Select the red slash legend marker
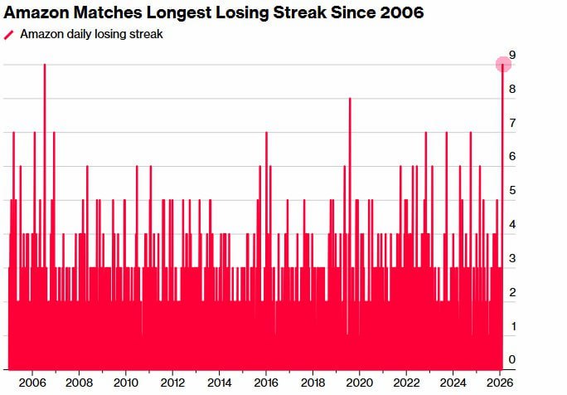click(x=9, y=35)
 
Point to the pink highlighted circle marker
click(x=503, y=65)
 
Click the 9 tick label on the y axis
click(x=513, y=55)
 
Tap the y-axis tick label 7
click(x=513, y=123)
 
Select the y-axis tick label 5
click(x=513, y=191)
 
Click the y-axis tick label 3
click(x=513, y=258)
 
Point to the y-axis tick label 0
click(x=513, y=360)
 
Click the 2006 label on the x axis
click(x=31, y=383)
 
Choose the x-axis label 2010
click(x=125, y=383)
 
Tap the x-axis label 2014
click(x=219, y=383)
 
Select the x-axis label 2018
click(x=313, y=383)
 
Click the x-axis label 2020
click(x=359, y=383)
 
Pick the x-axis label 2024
click(x=453, y=383)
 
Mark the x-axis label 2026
click(x=499, y=383)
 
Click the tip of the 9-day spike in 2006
click(x=45, y=66)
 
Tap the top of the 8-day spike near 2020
click(x=350, y=100)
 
